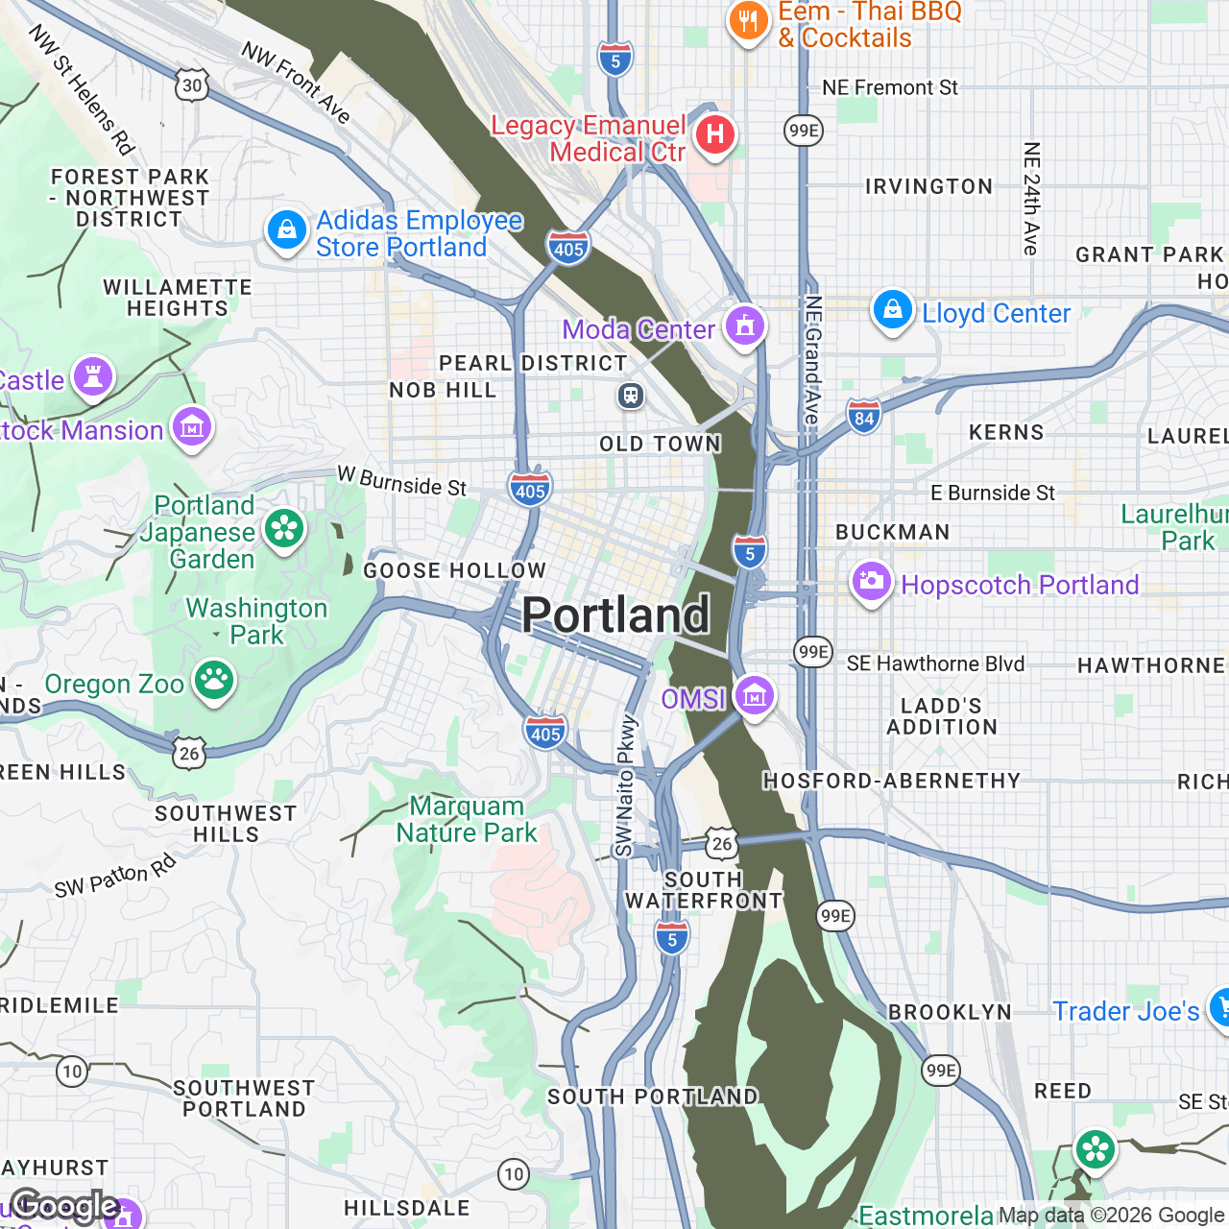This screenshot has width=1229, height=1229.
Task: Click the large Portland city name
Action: (615, 615)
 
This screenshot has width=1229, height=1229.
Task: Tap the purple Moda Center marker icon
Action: (744, 325)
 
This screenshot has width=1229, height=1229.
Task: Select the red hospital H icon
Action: (714, 133)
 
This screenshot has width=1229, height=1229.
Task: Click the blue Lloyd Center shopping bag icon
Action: (892, 310)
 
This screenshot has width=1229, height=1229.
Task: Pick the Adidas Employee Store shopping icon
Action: (286, 230)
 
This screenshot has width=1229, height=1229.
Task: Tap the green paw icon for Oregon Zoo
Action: (214, 681)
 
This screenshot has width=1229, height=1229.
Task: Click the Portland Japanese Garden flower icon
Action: (284, 528)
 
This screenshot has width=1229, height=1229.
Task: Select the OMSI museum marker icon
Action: (754, 695)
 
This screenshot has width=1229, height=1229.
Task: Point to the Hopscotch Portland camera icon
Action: (872, 581)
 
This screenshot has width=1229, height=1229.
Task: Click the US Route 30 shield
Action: (192, 85)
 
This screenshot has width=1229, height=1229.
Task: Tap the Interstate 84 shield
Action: (864, 418)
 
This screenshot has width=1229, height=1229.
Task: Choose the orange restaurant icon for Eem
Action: (747, 20)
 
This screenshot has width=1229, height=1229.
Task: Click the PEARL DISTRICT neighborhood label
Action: (533, 364)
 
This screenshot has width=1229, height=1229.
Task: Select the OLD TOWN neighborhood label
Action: (660, 444)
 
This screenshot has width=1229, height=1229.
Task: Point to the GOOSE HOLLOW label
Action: (454, 571)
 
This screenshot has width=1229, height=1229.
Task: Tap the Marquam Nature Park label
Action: (467, 819)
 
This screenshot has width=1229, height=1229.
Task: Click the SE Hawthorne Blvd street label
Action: (935, 663)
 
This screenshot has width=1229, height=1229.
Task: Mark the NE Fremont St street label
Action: (889, 88)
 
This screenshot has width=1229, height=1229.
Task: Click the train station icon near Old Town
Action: (630, 396)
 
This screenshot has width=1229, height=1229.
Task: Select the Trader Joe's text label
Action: (1125, 1011)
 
